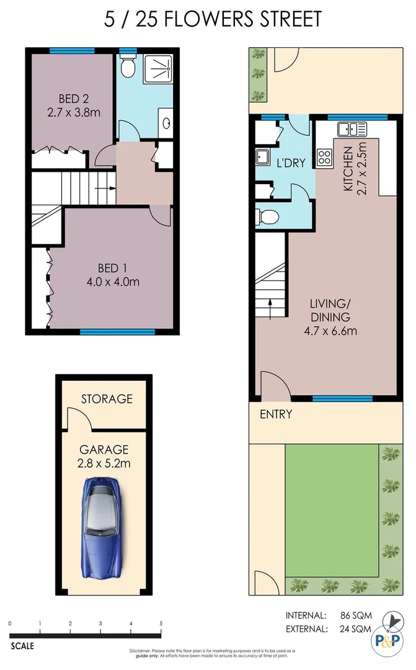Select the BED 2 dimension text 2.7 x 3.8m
coord(73,113)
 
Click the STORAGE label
coord(107,399)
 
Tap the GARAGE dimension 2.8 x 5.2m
coord(104,463)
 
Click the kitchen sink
coord(352,130)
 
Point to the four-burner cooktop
coord(324,158)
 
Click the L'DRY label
coord(291,164)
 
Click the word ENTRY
coord(276,414)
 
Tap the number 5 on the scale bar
coord(161,623)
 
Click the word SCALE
coord(22,646)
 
